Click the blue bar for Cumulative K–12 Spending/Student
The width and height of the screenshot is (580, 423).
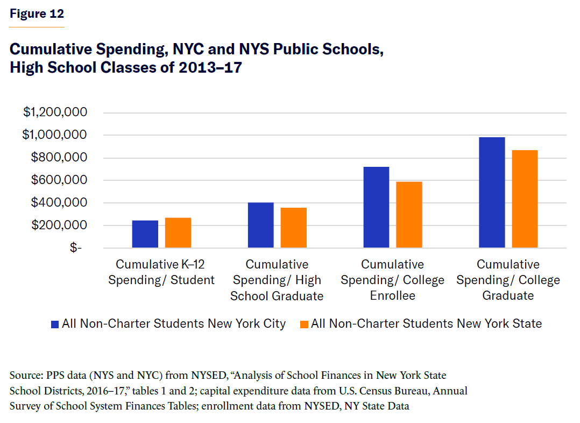(x=145, y=234)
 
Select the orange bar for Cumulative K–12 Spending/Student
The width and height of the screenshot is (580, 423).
(x=178, y=233)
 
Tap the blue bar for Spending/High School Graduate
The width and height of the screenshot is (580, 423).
(x=261, y=225)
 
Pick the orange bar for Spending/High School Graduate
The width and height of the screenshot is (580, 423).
(x=294, y=228)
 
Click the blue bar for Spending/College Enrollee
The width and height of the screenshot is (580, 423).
(x=376, y=207)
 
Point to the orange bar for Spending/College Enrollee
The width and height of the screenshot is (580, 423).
(x=409, y=215)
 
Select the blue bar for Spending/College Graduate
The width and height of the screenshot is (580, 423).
(x=492, y=193)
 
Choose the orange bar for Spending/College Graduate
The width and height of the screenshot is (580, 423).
(x=525, y=199)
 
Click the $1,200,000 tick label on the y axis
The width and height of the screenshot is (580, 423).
(x=55, y=112)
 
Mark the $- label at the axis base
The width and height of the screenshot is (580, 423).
(x=76, y=248)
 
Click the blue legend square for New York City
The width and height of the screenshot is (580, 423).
(x=54, y=324)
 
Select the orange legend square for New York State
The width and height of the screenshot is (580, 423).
(x=304, y=324)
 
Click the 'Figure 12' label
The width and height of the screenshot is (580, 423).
(x=37, y=14)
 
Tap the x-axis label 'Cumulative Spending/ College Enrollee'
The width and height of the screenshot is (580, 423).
(x=393, y=280)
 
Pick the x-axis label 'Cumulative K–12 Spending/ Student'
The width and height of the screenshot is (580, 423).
(x=161, y=272)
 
